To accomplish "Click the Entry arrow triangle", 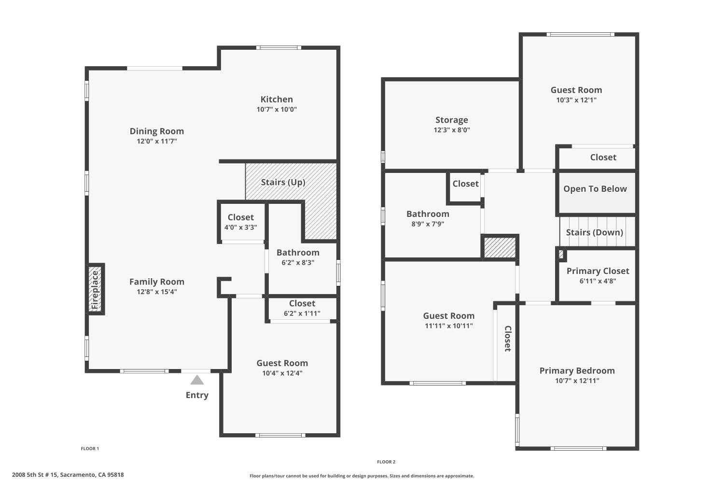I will (197, 380).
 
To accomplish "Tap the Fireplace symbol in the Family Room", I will (95, 289).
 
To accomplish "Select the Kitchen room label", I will (277, 99).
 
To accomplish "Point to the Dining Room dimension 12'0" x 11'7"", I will (157, 142).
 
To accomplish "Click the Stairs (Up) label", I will (283, 182).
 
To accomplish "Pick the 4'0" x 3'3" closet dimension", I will (240, 227).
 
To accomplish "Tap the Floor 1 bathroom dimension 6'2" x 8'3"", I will (298, 263).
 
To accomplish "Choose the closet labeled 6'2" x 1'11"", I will (302, 313).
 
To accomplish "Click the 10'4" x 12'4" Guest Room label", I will (282, 363).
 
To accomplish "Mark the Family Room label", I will (157, 282).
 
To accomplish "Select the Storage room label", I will (452, 120).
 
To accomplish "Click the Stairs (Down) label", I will (594, 232).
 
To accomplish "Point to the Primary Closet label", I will (598, 271).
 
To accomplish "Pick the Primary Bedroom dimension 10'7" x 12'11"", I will (577, 381).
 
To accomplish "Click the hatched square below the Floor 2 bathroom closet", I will (500, 247).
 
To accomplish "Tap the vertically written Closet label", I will (508, 339).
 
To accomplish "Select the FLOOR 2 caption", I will (386, 462).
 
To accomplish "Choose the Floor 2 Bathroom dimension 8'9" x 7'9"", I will (428, 224).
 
